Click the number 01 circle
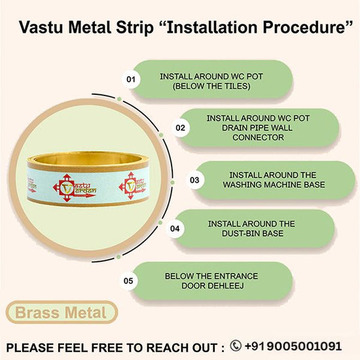click(x=131, y=79)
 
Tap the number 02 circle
click(x=181, y=128)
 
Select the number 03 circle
click(x=194, y=180)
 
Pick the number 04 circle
click(x=175, y=228)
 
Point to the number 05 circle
click(x=128, y=281)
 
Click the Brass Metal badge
click(x=62, y=312)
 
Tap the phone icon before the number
click(x=236, y=346)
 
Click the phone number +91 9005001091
click(x=293, y=346)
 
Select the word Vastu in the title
click(x=41, y=27)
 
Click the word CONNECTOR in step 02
click(x=258, y=137)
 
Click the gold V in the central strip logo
click(x=66, y=188)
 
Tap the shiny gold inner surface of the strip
click(x=88, y=158)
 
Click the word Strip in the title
click(x=134, y=28)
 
